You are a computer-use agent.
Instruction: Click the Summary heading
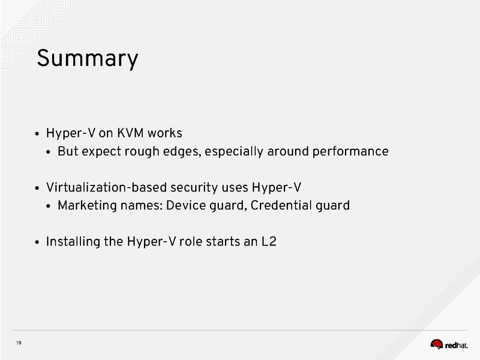click(88, 59)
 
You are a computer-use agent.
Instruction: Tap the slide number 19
click(19, 343)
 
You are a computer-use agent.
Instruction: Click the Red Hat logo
click(453, 344)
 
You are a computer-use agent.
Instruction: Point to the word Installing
click(71, 242)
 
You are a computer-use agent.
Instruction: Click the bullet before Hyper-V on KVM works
click(38, 133)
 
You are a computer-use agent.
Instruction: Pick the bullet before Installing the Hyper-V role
click(38, 244)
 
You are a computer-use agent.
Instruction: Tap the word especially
click(235, 151)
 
